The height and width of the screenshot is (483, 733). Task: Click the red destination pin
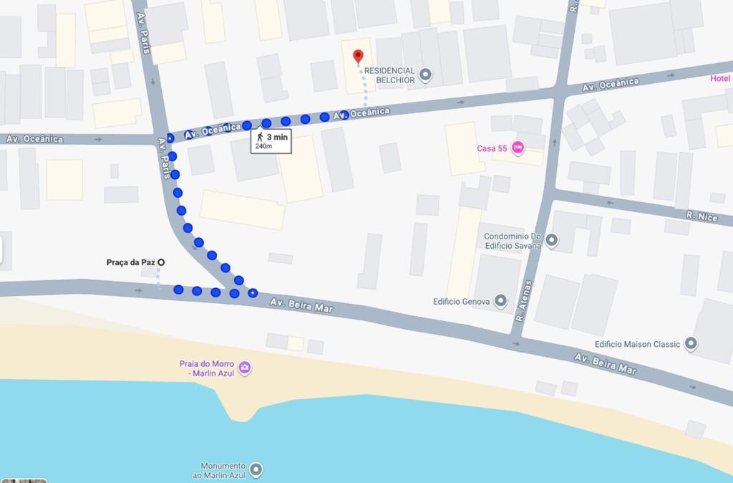(x=358, y=55)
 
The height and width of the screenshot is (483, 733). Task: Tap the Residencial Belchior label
(x=389, y=75)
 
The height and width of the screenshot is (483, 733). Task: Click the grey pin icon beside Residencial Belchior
(x=425, y=75)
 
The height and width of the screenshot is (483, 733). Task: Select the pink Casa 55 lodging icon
(x=518, y=148)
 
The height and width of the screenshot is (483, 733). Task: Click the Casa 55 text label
(x=492, y=149)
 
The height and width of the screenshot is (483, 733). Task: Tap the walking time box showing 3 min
(x=271, y=140)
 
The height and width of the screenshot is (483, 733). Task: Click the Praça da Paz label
(x=130, y=262)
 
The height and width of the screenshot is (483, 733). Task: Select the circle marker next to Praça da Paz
(x=161, y=262)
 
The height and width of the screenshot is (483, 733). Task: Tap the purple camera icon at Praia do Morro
(x=245, y=368)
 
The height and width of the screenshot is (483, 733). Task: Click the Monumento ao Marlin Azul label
(x=223, y=470)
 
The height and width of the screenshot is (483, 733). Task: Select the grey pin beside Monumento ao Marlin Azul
(x=256, y=470)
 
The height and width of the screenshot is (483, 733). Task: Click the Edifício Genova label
(x=460, y=302)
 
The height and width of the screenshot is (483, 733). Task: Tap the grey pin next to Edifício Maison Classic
(x=691, y=344)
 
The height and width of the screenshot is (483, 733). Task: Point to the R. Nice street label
(x=701, y=215)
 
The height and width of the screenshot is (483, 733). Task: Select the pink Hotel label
(x=719, y=78)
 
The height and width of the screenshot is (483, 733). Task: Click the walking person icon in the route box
(x=260, y=136)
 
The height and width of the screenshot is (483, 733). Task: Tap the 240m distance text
(x=263, y=146)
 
